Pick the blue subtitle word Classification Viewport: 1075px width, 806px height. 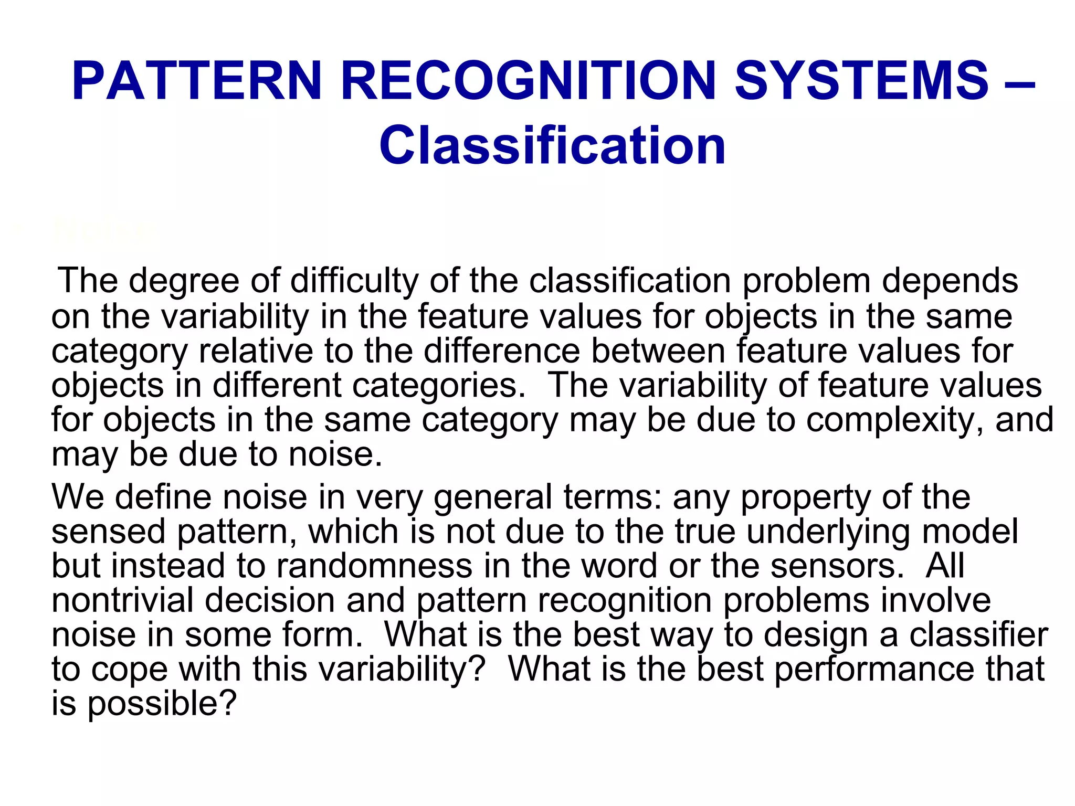click(552, 145)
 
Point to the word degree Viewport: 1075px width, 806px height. click(184, 281)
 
